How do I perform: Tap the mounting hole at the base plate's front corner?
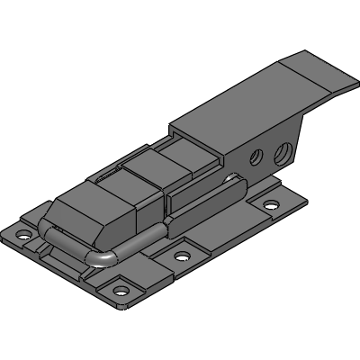point(118,292)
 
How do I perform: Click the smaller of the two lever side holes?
point(256,157)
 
